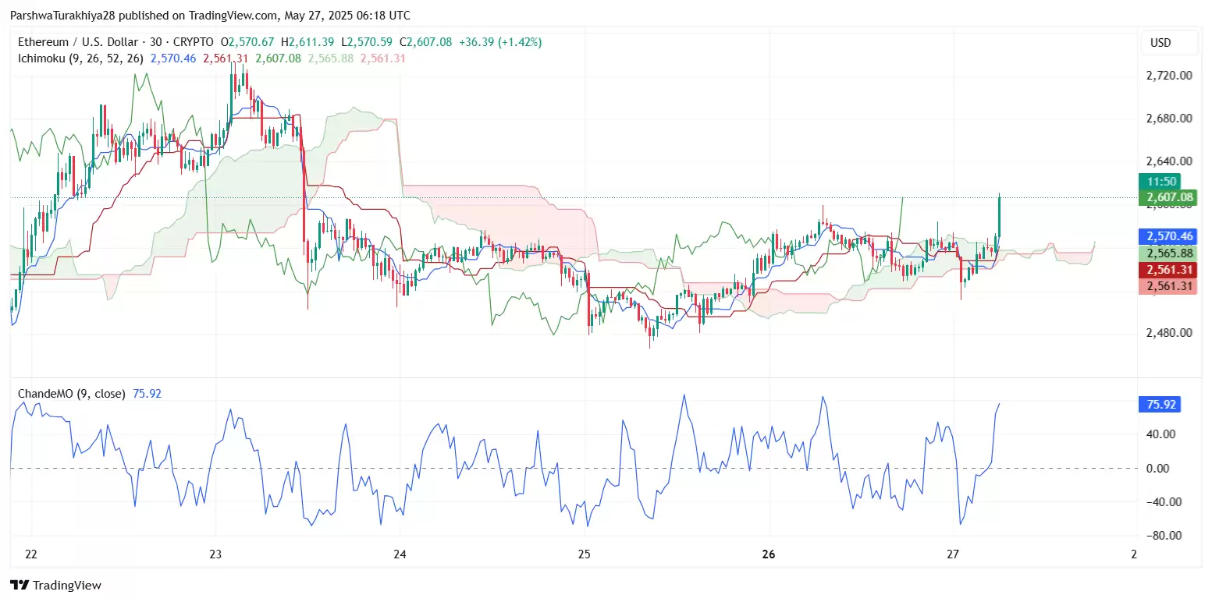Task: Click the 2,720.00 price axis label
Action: pyautogui.click(x=1168, y=76)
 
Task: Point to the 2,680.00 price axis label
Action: pyautogui.click(x=1168, y=119)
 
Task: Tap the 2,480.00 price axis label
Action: pyautogui.click(x=1168, y=332)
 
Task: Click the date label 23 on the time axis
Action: pyautogui.click(x=215, y=554)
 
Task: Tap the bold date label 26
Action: pyautogui.click(x=769, y=554)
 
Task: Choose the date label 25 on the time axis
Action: pyautogui.click(x=585, y=554)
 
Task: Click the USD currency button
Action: pyautogui.click(x=1160, y=43)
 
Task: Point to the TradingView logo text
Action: pyautogui.click(x=66, y=586)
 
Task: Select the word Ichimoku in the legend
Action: pyautogui.click(x=43, y=58)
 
